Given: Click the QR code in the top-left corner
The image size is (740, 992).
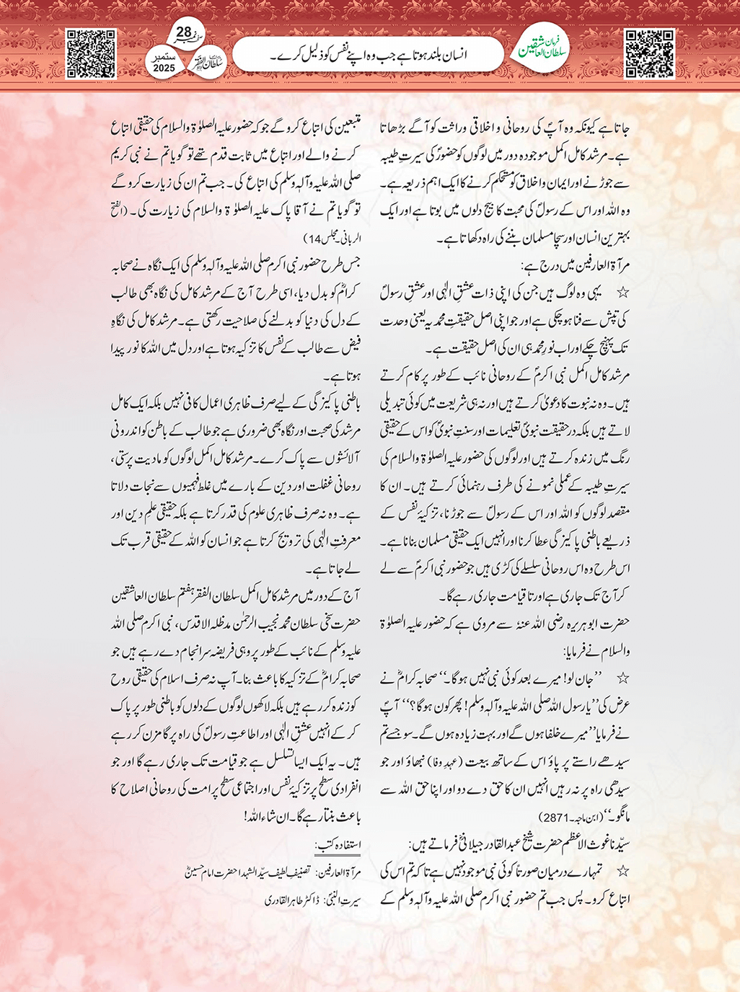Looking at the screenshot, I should tap(91, 53).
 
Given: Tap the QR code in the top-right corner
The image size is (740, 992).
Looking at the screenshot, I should tap(649, 53).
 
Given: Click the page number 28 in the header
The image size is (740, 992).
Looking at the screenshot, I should tap(183, 32).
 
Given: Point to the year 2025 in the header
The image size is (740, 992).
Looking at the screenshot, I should tap(164, 68).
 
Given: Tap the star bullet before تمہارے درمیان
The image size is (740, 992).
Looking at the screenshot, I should tap(623, 872).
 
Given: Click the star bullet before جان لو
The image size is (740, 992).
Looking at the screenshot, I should tap(623, 679).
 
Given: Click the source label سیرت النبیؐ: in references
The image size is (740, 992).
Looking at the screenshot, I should tap(345, 900).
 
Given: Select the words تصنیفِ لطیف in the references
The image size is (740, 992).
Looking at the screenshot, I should tap(288, 872).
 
